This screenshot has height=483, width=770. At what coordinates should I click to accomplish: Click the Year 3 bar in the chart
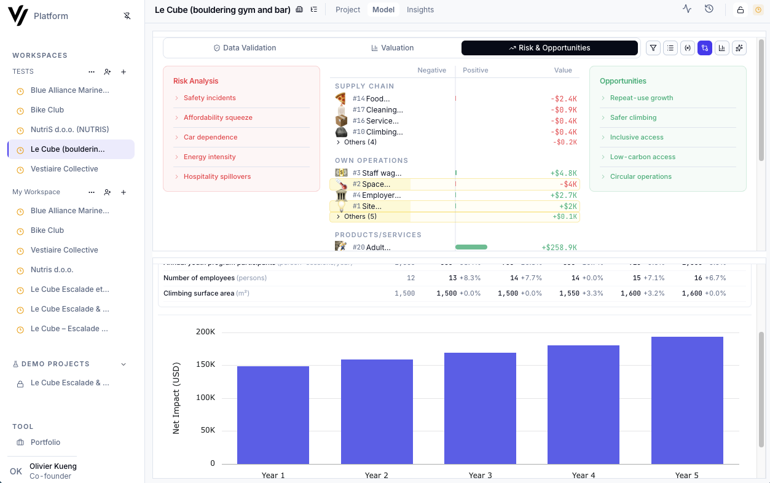[480, 408]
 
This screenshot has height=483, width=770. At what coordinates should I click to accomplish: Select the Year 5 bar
[687, 400]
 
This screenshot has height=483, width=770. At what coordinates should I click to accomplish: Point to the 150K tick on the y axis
[205, 364]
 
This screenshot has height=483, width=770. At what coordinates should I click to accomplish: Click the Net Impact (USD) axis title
[176, 398]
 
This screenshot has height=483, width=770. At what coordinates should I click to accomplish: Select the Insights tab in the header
[420, 10]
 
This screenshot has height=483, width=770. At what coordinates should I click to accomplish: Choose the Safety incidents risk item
[210, 98]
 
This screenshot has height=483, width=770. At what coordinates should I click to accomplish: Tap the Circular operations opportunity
[640, 176]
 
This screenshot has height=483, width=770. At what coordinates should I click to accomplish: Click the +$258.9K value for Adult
[559, 248]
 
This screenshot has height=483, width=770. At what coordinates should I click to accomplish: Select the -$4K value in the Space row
[568, 184]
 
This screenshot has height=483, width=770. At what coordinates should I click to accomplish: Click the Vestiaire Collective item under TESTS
[65, 169]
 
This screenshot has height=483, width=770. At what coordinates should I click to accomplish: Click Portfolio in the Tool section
[45, 442]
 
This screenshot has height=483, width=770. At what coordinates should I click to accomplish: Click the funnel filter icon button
[653, 48]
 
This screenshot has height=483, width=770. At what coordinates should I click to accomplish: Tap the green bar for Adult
[471, 247]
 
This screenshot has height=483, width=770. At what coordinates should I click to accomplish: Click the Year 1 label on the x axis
[273, 475]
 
